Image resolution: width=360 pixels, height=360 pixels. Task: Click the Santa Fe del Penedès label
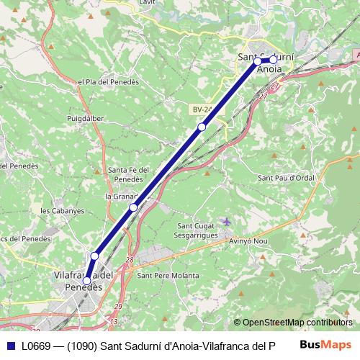click(x=128, y=174)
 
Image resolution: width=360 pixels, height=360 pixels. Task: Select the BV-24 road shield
click(x=202, y=109)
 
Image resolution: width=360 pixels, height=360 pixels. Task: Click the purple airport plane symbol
click(x=228, y=221)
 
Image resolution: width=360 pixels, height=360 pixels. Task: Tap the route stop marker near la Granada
click(x=133, y=207)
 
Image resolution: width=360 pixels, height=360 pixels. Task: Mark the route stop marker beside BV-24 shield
click(x=202, y=127)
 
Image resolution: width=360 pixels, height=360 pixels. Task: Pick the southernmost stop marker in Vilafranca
click(x=87, y=281)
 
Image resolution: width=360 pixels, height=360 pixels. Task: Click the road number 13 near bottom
click(x=114, y=320)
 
